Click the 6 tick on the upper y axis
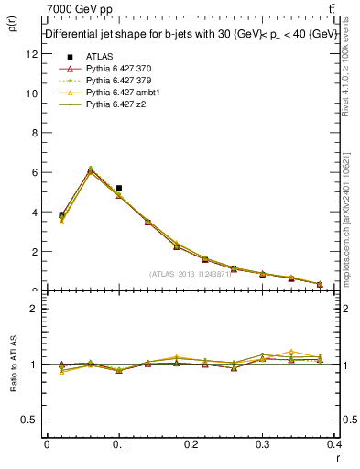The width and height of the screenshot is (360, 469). tap(34, 172)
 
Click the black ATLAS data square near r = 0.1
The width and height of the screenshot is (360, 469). tap(119, 188)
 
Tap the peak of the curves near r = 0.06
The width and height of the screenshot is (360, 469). tap(90, 169)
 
